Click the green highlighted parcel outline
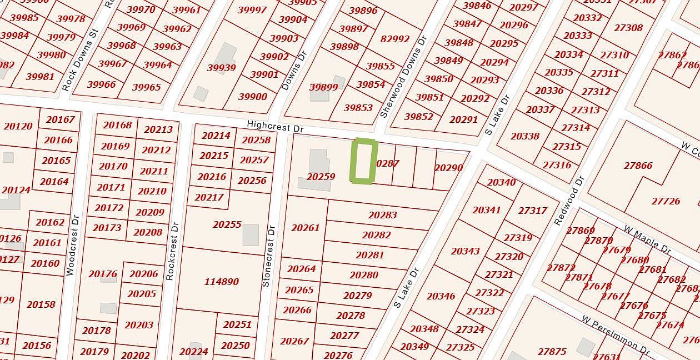point(364,161)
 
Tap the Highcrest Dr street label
point(276,127)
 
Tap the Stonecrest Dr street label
point(268,256)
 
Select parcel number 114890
point(221,282)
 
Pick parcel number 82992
point(395,39)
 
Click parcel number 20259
point(321,177)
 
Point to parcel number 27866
point(638,166)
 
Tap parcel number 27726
point(666,201)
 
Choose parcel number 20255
point(227,224)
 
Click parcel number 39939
point(221,68)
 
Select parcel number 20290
point(448,168)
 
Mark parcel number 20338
point(524,136)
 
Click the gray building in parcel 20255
point(251,234)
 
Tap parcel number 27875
point(552,351)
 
